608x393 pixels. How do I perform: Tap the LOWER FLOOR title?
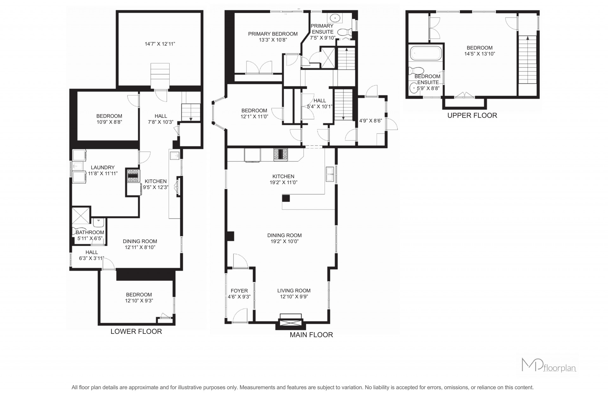(136, 331)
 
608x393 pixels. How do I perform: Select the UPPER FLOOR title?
(472, 115)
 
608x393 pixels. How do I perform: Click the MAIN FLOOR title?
(311, 335)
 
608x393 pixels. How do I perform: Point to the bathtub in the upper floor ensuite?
(426, 53)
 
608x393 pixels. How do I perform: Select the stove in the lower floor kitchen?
(133, 176)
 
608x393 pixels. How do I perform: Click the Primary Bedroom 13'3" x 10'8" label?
(273, 37)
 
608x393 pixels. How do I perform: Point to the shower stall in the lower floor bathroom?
(81, 216)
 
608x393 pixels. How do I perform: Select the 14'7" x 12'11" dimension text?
(160, 44)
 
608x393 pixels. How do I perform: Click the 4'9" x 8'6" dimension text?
(370, 121)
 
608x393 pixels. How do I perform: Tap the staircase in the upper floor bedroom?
(527, 60)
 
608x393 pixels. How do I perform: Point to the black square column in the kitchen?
(286, 198)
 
